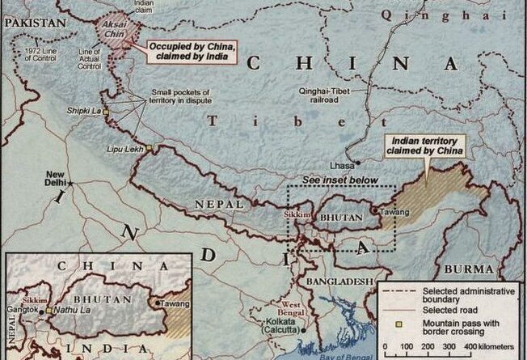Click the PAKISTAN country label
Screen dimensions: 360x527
(x=33, y=24)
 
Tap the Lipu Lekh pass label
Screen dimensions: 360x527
(x=125, y=150)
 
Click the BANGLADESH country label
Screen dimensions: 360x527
(x=339, y=281)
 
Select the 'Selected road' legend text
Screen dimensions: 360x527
(x=448, y=310)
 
